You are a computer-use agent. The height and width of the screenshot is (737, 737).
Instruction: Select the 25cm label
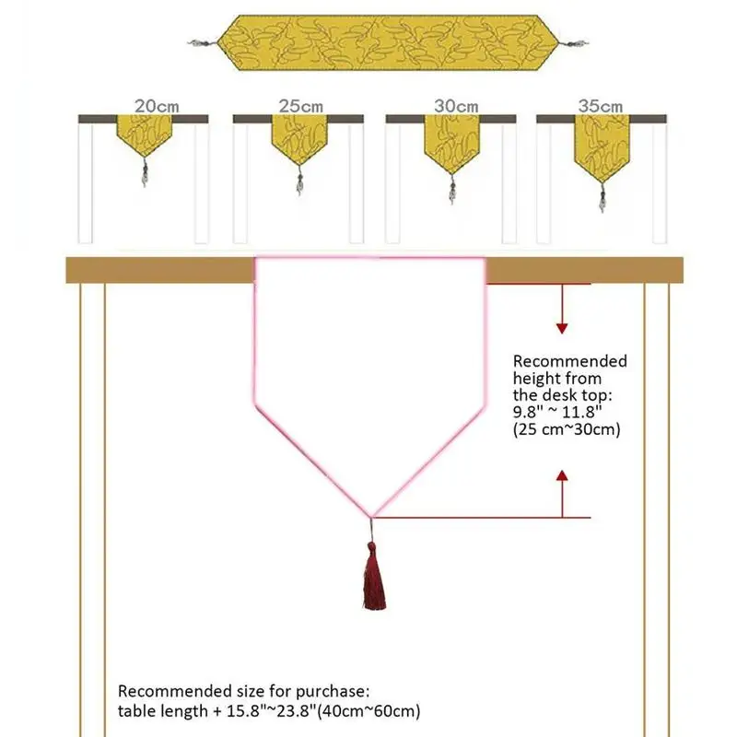tap(298, 107)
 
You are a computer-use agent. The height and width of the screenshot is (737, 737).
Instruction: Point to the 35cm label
tap(601, 107)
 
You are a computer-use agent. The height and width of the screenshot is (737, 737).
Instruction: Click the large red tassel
tap(373, 579)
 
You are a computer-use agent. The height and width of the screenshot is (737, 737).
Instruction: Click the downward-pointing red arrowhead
tap(562, 326)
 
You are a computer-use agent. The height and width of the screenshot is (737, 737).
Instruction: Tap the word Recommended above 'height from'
tap(569, 361)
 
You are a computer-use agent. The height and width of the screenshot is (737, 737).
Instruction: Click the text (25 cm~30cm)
tap(567, 429)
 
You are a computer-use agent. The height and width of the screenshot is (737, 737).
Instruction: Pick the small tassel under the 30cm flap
tap(451, 192)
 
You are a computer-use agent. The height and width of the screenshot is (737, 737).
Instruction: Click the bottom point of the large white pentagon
tap(372, 516)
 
